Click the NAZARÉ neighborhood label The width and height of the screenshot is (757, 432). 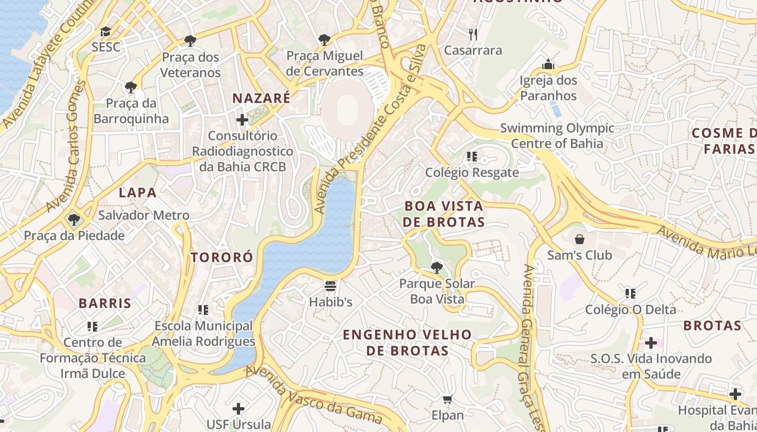261,98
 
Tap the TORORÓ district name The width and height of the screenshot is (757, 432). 222,257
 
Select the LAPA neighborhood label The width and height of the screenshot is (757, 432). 137,192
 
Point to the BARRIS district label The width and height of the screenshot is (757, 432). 105,303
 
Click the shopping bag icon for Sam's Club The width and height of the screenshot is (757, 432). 580,239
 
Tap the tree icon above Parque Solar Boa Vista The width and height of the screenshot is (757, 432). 436,267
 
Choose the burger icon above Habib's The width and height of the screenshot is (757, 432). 330,286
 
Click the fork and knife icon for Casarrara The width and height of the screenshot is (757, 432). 473,35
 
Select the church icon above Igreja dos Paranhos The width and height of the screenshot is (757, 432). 548,65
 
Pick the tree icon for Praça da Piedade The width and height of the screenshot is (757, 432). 74,220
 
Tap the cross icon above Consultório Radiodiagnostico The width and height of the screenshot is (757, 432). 242,119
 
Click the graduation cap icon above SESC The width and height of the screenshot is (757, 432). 105,31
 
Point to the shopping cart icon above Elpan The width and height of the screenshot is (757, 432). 447,400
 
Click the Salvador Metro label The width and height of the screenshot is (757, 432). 144,215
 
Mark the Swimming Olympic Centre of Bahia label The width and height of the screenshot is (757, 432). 557,136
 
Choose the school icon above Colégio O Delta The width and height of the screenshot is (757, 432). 630,293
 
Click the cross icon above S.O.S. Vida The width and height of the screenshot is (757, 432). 651,342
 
